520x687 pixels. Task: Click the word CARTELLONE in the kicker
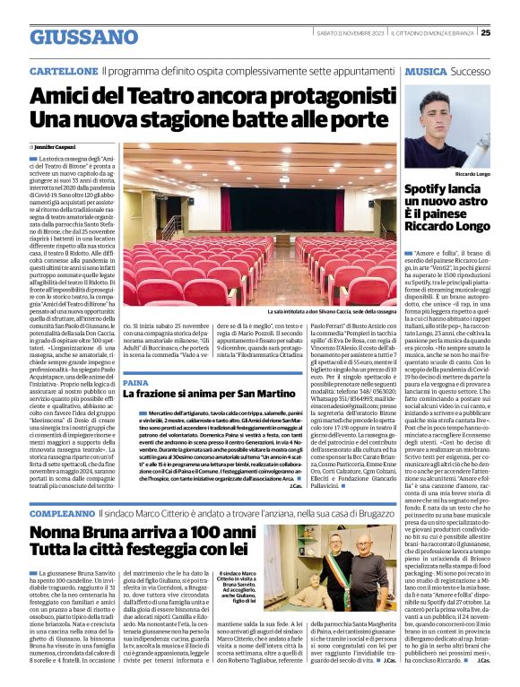63,70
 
